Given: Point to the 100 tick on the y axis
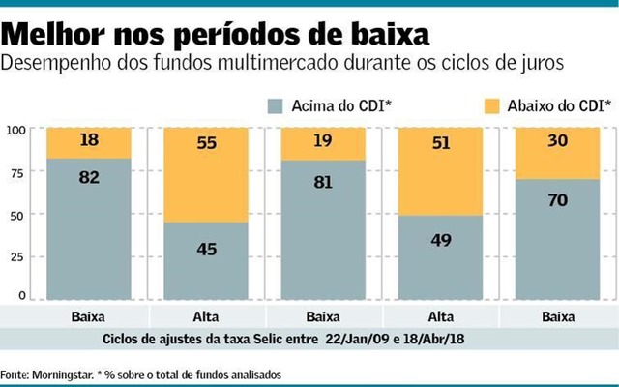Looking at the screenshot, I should pos(17,131).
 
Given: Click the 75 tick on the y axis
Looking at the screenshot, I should pos(20,173).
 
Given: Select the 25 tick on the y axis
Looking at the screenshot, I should pos(20,257).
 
